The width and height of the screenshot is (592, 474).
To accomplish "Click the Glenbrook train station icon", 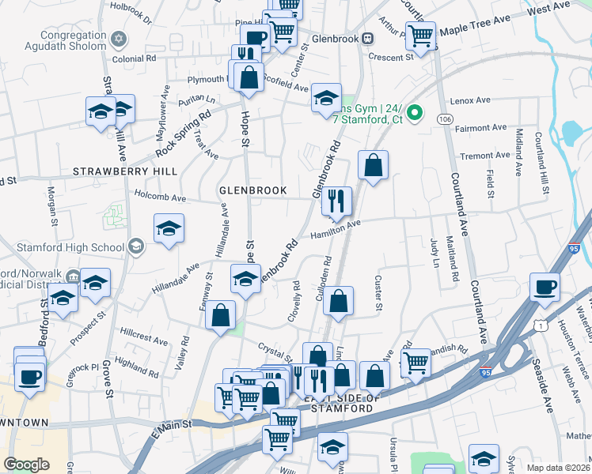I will coord(368,39).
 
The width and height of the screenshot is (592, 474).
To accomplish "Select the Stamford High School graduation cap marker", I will coord(135,247).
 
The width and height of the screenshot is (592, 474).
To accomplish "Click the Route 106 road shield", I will coord(445,118).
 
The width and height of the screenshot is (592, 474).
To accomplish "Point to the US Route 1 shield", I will coord(538,325).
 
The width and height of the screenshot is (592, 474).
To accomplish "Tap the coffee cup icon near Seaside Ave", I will coord(544,288).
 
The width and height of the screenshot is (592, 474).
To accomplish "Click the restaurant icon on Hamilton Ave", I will coord(337,201).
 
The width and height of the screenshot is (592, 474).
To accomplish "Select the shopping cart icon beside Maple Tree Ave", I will coord(420,35).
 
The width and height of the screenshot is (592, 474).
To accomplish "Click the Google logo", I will coord(26,465).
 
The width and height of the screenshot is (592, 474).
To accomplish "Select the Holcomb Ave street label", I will coord(161,198).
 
